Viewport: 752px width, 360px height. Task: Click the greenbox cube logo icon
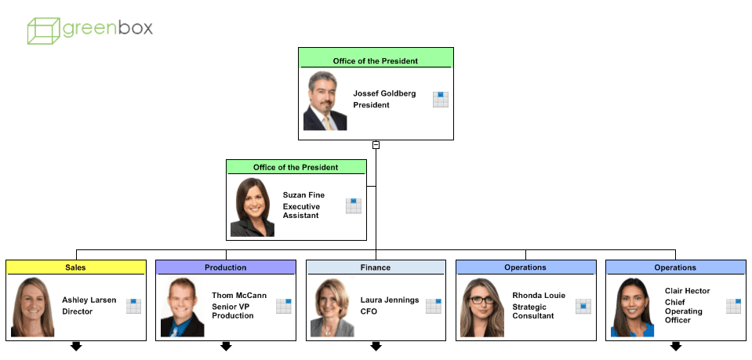click(x=44, y=30)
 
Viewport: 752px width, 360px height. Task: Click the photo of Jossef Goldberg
click(x=325, y=101)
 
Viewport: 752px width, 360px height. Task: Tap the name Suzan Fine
click(x=303, y=195)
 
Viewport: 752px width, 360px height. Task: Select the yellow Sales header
click(x=76, y=267)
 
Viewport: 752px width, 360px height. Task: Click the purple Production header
click(x=226, y=267)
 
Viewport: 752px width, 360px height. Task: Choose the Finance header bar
click(x=376, y=267)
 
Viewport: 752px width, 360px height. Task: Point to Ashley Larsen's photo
click(x=33, y=307)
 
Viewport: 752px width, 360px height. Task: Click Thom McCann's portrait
click(x=183, y=307)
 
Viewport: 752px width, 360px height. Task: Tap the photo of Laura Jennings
click(x=332, y=307)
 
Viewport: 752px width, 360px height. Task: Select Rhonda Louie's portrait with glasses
click(x=482, y=307)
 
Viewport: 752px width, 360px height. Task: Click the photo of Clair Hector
click(x=632, y=307)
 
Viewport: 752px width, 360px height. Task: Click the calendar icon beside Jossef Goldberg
click(x=441, y=99)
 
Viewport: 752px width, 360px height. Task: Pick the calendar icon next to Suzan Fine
click(x=354, y=205)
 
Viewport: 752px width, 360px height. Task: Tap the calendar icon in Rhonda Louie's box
click(x=583, y=306)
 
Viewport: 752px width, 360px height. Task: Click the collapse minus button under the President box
click(x=376, y=145)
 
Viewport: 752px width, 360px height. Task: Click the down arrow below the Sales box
click(x=76, y=346)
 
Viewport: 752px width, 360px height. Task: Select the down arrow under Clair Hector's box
click(x=676, y=346)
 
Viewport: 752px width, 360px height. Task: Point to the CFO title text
click(x=369, y=311)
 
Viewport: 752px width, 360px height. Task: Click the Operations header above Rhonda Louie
click(x=525, y=267)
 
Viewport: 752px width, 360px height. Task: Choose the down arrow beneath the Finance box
click(x=376, y=346)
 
